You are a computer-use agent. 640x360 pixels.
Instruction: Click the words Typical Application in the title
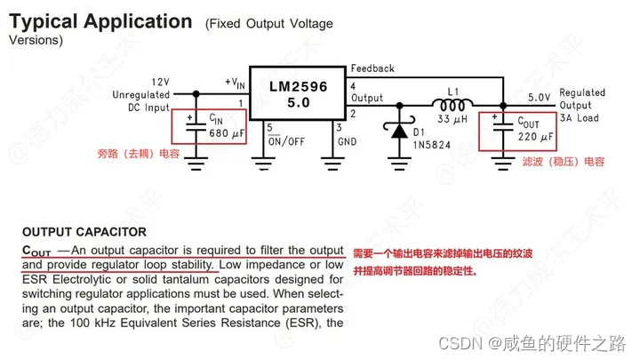(100, 21)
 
